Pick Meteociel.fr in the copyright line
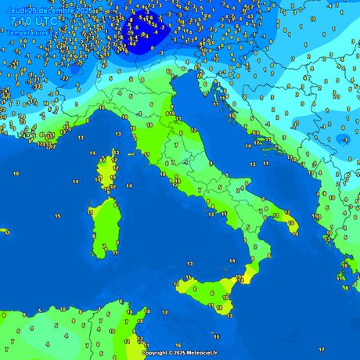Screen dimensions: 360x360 coord(201,353)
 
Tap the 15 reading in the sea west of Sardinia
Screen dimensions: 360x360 coord(58,215)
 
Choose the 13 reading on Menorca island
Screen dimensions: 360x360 coord(5,232)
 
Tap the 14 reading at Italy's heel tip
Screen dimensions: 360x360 coord(295,232)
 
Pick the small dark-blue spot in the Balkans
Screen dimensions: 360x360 coord(346,139)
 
